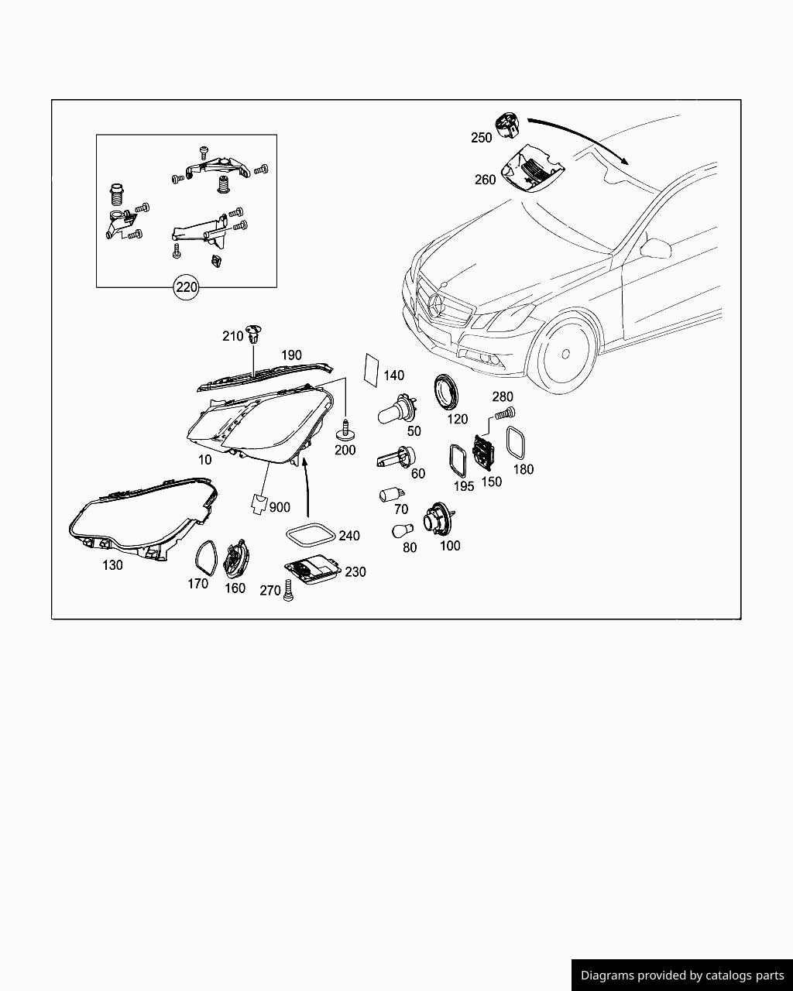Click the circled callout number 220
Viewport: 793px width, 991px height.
186,287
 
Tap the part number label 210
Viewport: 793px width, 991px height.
232,336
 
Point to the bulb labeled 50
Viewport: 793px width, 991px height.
397,410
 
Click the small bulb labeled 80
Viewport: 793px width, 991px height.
402,531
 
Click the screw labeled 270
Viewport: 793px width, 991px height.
288,591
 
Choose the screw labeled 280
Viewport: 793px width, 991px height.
505,413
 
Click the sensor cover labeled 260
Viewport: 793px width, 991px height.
534,169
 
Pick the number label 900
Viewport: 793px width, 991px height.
280,507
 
